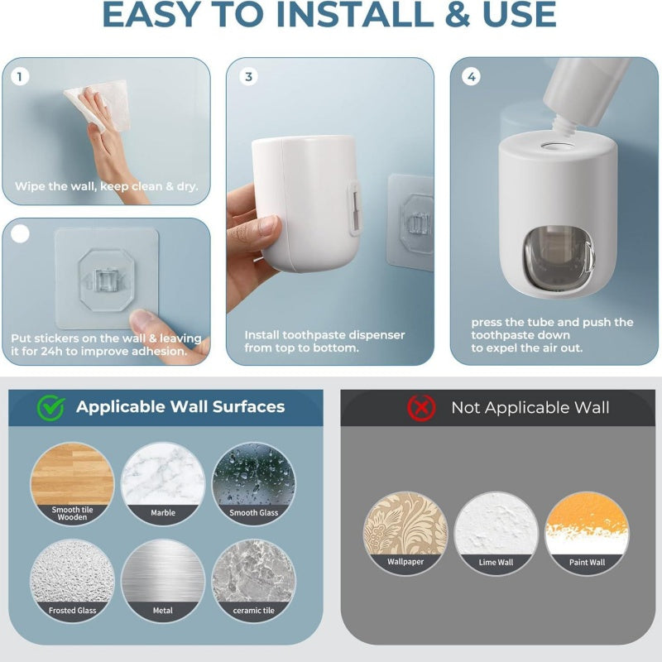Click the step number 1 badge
(21, 77)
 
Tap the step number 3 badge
(247, 77)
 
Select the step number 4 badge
(471, 77)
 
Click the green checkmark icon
(50, 407)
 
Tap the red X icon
(421, 407)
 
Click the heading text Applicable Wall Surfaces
(180, 407)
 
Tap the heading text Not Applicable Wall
(530, 408)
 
